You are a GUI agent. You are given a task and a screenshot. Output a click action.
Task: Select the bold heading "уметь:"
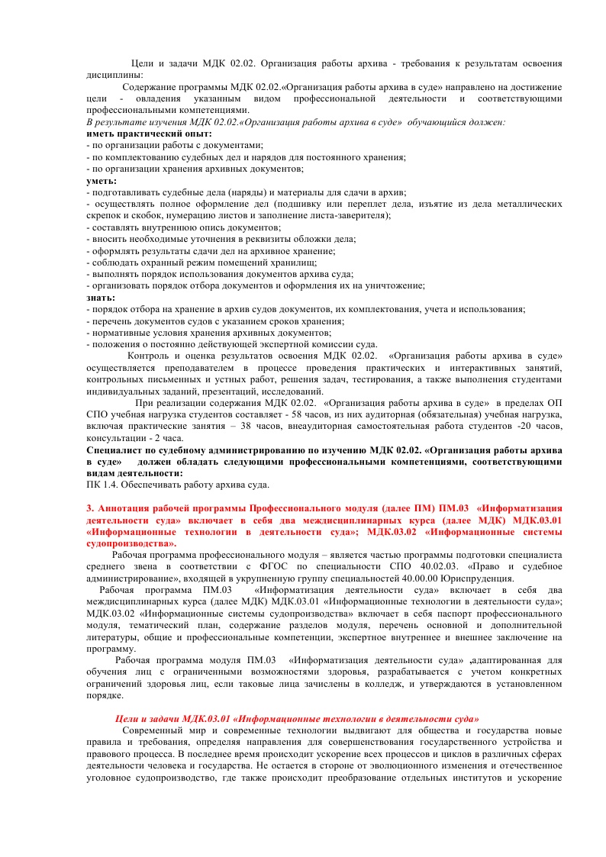102,181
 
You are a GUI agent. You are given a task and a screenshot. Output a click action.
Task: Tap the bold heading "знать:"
102,298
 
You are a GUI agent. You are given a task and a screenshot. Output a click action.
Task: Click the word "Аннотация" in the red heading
124,508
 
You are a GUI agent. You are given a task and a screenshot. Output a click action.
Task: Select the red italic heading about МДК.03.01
297,719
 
